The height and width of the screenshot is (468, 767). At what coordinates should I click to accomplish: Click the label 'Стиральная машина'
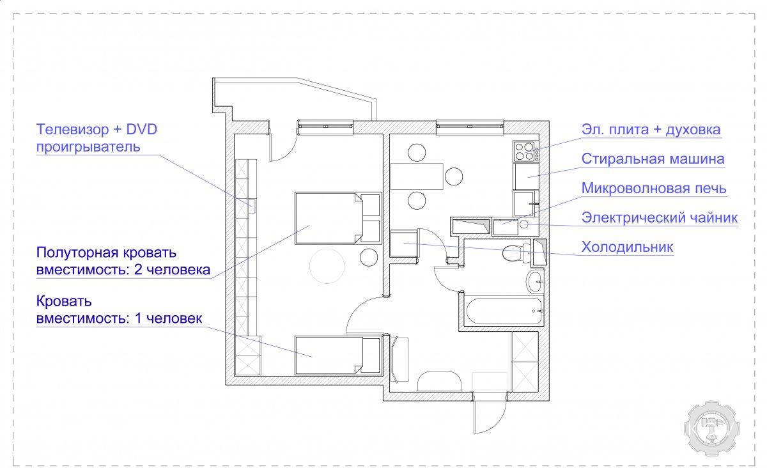pyautogui.click(x=653, y=159)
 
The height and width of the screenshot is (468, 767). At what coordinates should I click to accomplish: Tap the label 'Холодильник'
pyautogui.click(x=627, y=247)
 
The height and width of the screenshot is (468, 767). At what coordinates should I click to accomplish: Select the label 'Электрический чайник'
pyautogui.click(x=660, y=217)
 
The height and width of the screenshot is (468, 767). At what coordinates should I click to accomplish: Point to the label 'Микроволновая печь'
pyautogui.click(x=654, y=189)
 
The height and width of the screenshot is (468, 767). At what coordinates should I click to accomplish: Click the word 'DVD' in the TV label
pyautogui.click(x=141, y=130)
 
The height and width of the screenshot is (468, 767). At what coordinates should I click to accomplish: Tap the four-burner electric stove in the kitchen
pyautogui.click(x=525, y=151)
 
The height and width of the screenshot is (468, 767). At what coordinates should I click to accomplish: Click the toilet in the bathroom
pyautogui.click(x=516, y=253)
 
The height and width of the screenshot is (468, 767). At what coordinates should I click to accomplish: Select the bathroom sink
pyautogui.click(x=535, y=281)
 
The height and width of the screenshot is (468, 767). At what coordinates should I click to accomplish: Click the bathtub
pyautogui.click(x=504, y=311)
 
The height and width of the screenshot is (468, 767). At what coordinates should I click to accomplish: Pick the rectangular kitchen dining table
pyautogui.click(x=417, y=176)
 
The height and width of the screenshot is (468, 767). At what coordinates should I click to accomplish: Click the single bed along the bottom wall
pyautogui.click(x=338, y=355)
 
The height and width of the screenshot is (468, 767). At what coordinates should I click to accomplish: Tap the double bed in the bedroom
pyautogui.click(x=338, y=218)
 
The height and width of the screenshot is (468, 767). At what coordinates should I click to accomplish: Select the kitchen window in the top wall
pyautogui.click(x=470, y=127)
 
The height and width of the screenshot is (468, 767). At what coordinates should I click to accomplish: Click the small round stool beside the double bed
pyautogui.click(x=369, y=257)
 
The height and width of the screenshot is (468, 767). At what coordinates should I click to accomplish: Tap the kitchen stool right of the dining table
pyautogui.click(x=454, y=176)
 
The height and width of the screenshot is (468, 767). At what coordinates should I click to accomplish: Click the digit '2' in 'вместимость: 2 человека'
pyautogui.click(x=138, y=270)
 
